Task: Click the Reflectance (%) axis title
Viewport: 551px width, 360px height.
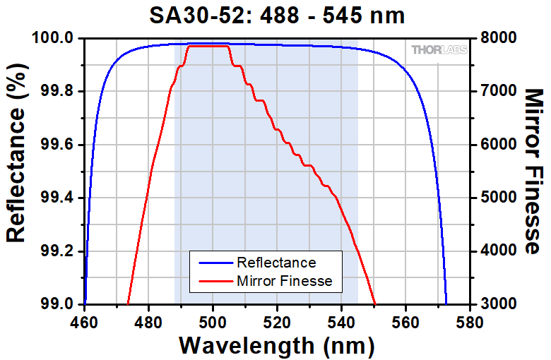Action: (16, 171)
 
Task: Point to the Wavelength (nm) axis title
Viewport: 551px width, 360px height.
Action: (276, 345)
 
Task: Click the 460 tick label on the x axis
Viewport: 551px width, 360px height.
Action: (84, 319)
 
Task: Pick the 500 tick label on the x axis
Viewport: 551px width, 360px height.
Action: (213, 319)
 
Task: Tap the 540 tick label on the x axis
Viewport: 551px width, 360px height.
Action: (341, 319)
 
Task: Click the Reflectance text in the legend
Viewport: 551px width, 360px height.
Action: (276, 263)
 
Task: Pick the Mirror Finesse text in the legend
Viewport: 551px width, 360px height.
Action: (290, 282)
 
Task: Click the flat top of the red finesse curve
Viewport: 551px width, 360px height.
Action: (208, 46)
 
